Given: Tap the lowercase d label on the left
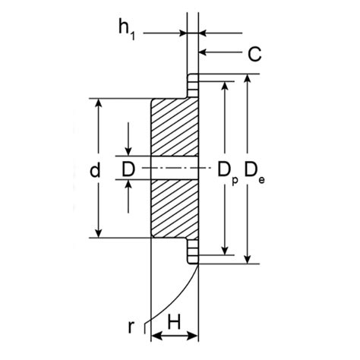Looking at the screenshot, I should [93, 171].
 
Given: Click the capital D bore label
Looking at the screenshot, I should [128, 169].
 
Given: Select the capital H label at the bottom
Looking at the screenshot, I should [173, 322].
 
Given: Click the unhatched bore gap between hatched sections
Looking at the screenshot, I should [175, 168].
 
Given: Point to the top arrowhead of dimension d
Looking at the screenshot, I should [98, 103].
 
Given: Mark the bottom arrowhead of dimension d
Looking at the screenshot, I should [98, 232].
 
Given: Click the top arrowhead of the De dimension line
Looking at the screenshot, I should [248, 78].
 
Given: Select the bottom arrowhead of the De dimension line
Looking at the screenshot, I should [248, 260].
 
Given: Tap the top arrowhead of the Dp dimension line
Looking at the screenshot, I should [224, 85].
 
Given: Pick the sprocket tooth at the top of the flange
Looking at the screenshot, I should [193, 79].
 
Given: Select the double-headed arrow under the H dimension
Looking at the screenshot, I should [175, 335].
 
